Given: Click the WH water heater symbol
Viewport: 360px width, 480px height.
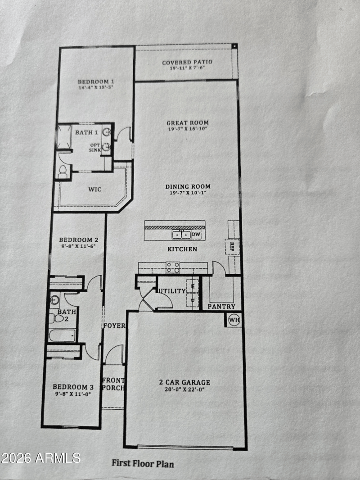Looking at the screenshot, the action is click(234, 320).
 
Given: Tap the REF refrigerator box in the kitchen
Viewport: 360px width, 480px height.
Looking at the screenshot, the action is click(232, 247).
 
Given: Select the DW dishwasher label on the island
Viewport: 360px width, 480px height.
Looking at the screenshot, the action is click(196, 235).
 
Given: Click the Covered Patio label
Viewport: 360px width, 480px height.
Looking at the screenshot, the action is click(187, 63).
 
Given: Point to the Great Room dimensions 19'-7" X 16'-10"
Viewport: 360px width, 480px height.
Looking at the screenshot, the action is click(188, 129).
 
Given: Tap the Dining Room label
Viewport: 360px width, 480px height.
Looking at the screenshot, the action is click(188, 186).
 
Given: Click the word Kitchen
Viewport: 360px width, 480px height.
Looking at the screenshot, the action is click(182, 249).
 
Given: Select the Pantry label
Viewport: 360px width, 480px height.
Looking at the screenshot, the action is click(221, 307).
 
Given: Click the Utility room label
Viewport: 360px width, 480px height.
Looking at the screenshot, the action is click(172, 291).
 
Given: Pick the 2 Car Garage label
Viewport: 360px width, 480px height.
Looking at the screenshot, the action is click(185, 382).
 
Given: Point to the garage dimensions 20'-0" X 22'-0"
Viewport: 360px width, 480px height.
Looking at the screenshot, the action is click(184, 389).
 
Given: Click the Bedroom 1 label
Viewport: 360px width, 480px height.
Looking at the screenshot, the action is click(96, 82).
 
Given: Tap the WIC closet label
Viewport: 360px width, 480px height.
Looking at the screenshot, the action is click(94, 190).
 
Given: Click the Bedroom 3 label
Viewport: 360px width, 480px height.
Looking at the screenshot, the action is click(73, 387).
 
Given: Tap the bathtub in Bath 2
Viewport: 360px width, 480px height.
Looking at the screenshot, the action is click(62, 335).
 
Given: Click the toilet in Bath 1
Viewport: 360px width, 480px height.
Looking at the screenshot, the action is click(63, 172).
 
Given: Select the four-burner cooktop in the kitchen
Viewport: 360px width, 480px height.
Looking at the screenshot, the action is click(173, 267).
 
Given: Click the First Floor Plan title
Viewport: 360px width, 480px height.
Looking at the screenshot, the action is click(143, 463).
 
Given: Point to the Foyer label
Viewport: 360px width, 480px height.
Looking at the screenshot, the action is click(114, 326).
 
